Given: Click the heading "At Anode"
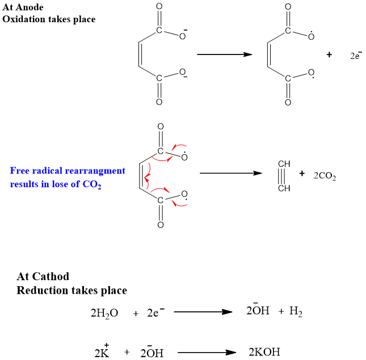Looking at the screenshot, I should click(23, 8).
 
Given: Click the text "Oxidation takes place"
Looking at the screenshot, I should click(49, 19).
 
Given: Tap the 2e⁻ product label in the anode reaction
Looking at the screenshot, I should click(356, 56).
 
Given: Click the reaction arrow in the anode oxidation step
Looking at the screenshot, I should click(224, 54).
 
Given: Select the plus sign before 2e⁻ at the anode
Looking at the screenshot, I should click(329, 55).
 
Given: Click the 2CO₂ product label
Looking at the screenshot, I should click(325, 176).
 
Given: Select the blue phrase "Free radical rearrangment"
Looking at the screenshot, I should click(68, 171).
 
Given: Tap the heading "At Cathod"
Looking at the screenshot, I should click(43, 277).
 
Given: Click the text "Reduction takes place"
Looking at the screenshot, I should click(71, 290).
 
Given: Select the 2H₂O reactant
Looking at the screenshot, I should click(104, 313).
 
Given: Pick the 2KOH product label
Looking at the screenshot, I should click(264, 352).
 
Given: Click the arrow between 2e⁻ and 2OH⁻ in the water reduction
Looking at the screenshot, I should click(203, 312).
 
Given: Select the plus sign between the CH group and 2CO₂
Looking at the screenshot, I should click(302, 173).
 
